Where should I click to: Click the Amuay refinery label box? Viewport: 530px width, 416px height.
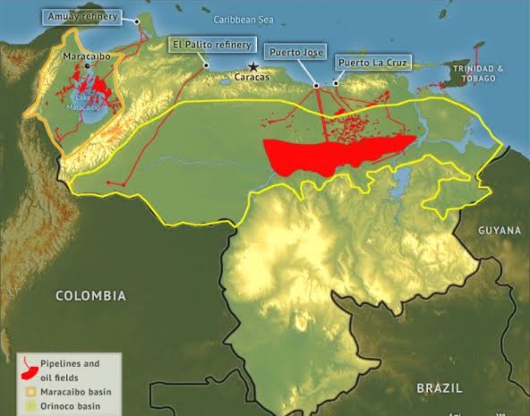pos(82,17)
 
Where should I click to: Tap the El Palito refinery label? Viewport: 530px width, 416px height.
pos(212,45)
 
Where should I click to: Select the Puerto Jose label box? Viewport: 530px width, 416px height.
pos(296,52)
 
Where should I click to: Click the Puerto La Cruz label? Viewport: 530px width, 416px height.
pos(373,63)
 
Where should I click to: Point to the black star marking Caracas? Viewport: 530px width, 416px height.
pos(252,66)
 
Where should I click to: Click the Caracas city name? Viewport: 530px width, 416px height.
pos(252,77)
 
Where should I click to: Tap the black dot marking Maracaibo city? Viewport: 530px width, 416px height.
pos(87,66)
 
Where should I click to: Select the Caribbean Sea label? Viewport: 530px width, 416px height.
pos(243,19)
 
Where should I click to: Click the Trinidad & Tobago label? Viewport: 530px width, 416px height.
pos(478,73)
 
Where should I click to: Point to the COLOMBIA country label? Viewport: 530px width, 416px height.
pos(91,296)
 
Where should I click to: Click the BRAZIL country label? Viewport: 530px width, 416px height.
pos(439,388)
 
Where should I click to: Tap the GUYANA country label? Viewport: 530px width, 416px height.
pos(499,231)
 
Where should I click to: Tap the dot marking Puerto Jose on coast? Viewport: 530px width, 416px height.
pos(316,85)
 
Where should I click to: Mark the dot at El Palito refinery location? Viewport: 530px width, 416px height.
pos(206,65)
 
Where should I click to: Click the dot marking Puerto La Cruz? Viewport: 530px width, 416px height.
pos(336,83)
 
